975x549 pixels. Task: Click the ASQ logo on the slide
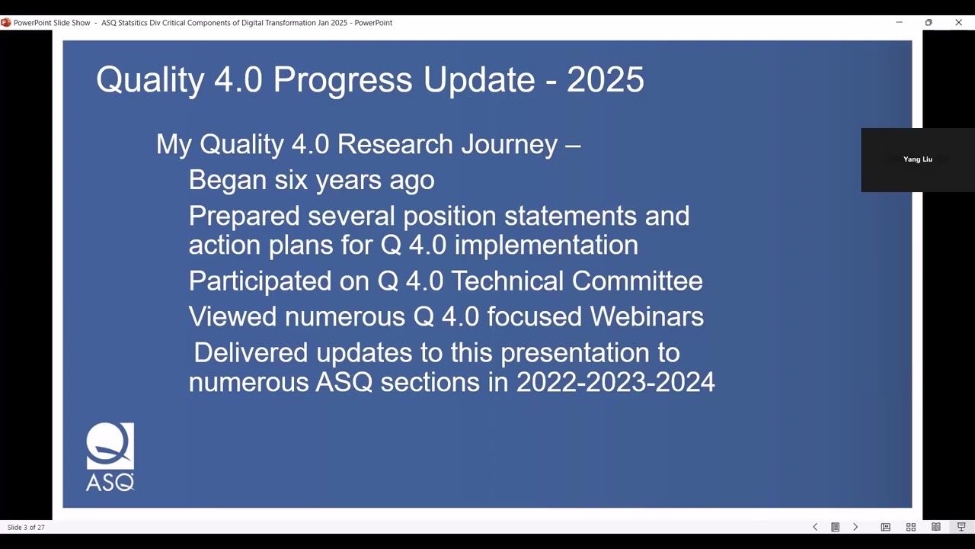click(110, 456)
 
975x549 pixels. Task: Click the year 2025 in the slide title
click(605, 80)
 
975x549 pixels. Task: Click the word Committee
click(637, 281)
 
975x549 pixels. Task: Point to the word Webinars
click(650, 316)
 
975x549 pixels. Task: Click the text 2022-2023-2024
click(615, 381)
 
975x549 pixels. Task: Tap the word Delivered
click(251, 352)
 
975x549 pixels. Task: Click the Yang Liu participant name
click(917, 159)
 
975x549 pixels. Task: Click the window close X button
click(958, 23)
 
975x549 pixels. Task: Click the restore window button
click(928, 23)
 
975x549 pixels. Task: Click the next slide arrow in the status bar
click(855, 527)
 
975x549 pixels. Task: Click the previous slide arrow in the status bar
click(815, 527)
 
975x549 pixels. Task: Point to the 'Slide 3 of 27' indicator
click(26, 527)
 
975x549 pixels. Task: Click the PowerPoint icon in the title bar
click(6, 23)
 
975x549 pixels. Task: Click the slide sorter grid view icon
click(910, 527)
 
